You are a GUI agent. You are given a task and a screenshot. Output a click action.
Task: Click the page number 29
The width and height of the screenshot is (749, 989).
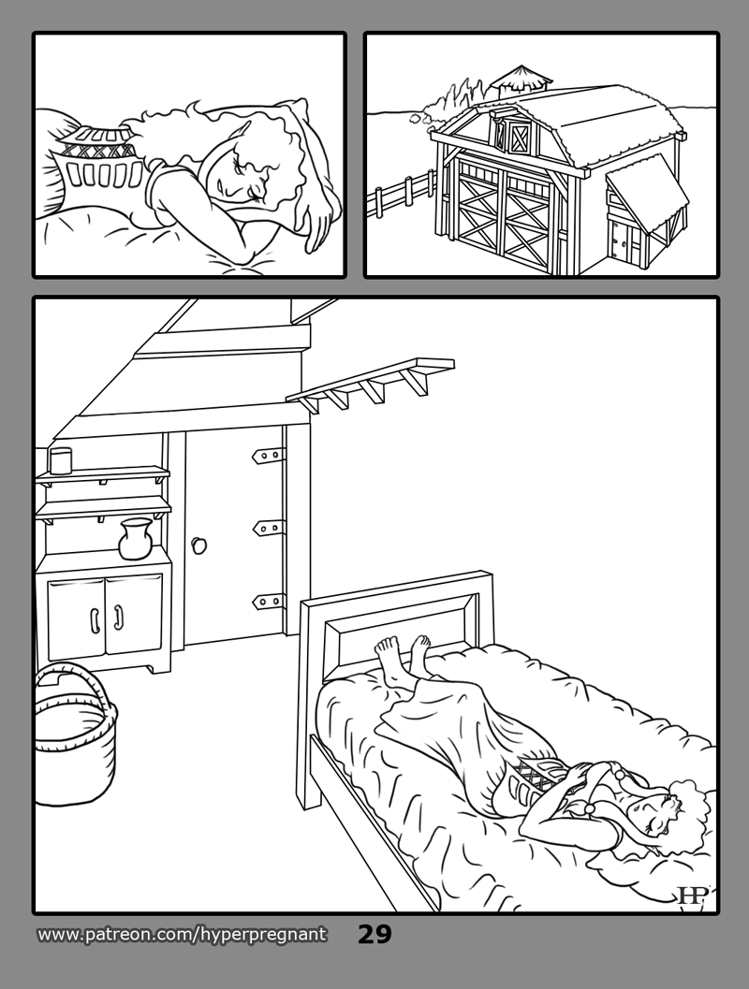374,934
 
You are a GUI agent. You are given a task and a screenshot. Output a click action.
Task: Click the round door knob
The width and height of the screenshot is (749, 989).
200,545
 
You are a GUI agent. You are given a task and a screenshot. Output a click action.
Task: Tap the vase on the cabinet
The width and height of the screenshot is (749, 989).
136,539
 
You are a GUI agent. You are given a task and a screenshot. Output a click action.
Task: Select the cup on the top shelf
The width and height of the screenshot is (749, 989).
61,460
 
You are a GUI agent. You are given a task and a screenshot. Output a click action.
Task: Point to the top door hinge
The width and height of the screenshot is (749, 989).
268,456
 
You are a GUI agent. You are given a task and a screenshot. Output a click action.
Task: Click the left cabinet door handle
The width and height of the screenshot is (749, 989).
94,620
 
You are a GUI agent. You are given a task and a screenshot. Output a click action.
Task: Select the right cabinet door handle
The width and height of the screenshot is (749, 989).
118,618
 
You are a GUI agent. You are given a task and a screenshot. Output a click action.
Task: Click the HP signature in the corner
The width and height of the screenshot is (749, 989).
690,895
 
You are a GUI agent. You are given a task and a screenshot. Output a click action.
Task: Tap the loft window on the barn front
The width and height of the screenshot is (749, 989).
520,137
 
